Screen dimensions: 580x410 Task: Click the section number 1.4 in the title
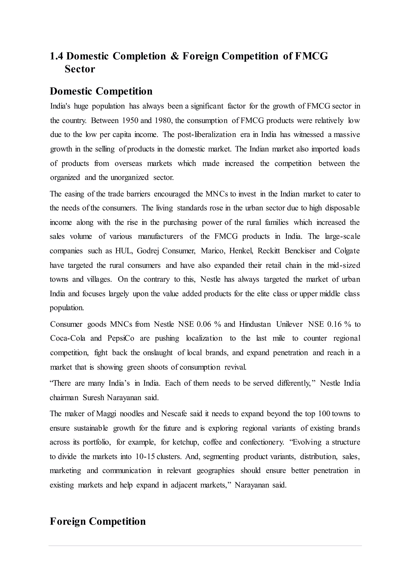[56, 56]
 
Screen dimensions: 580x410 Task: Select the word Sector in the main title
[80, 69]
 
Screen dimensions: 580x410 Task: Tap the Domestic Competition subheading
[101, 91]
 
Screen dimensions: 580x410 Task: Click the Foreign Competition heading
[98, 521]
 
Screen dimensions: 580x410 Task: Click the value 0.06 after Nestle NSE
[203, 324]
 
